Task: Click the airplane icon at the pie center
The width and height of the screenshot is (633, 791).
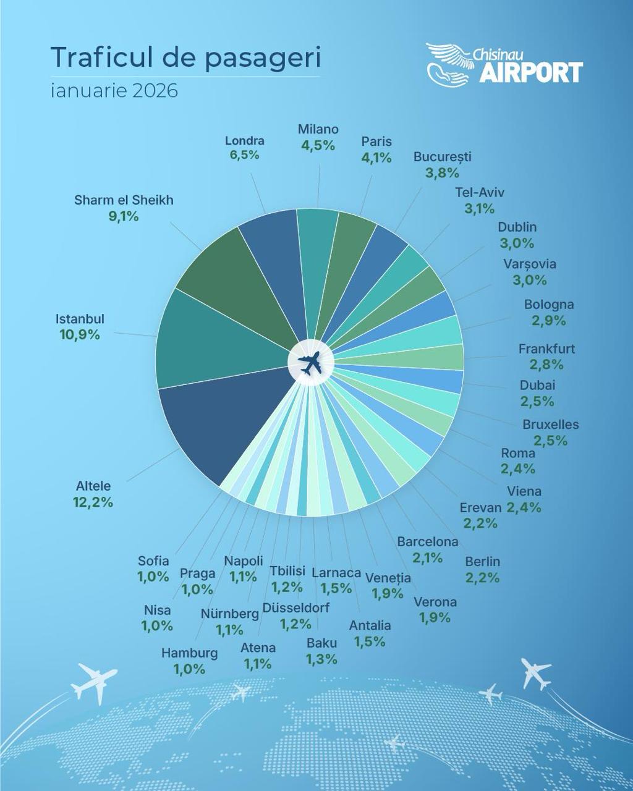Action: [310, 363]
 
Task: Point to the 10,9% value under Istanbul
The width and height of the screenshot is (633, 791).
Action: [79, 335]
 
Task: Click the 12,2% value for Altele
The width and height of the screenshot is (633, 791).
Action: [93, 502]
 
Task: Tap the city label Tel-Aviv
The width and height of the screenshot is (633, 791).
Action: [480, 192]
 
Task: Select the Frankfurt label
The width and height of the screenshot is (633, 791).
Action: [546, 349]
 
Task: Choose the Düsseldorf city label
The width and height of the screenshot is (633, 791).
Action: [296, 608]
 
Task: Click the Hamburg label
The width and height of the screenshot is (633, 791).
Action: [189, 653]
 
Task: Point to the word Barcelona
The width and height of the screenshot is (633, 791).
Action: [428, 542]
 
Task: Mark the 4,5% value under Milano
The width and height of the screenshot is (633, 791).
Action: [318, 146]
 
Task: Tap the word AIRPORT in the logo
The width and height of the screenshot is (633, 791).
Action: [531, 72]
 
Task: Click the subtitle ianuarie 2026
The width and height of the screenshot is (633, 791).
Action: [114, 91]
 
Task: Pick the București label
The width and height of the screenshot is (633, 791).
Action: [442, 157]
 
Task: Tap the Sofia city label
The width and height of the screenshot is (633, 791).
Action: [153, 561]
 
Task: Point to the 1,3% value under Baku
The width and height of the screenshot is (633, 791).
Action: [321, 659]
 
